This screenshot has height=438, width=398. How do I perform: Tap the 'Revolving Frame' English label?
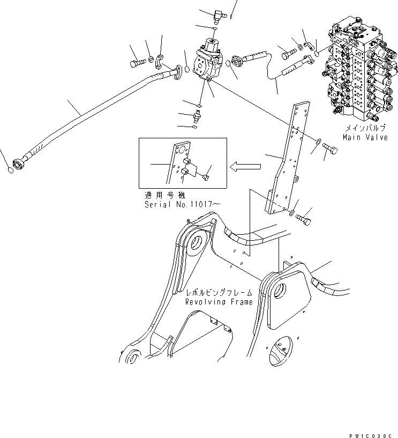pos(219,302)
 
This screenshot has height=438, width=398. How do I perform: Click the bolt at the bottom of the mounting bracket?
pos(306,218)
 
